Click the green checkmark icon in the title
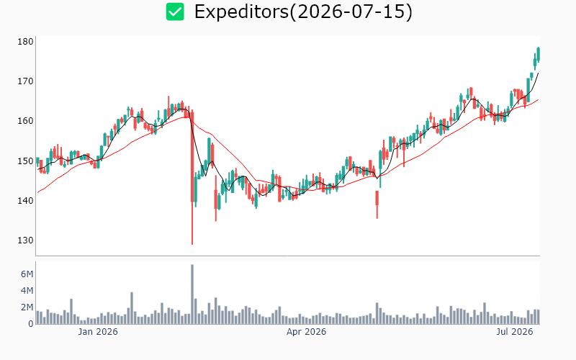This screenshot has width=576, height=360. click(x=175, y=12)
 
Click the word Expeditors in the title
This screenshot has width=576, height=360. click(x=242, y=12)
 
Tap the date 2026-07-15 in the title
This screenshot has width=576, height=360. click(x=351, y=12)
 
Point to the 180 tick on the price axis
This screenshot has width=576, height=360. click(x=25, y=42)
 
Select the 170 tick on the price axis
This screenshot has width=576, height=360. click(x=25, y=81)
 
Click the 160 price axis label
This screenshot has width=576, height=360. click(x=25, y=121)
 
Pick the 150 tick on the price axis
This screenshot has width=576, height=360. click(x=25, y=161)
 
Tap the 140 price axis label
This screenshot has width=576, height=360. click(x=25, y=201)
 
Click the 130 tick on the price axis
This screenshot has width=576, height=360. click(x=25, y=240)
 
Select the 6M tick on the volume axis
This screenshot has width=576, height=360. click(x=27, y=274)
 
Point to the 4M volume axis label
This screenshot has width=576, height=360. click(x=27, y=291)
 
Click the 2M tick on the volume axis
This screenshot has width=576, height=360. click(x=27, y=307)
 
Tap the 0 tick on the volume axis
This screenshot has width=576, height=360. click(x=31, y=323)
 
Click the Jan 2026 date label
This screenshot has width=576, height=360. click(x=98, y=332)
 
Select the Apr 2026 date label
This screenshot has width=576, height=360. click(x=307, y=332)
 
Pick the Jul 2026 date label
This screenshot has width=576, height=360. click(x=514, y=332)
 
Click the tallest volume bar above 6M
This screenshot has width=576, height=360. click(x=192, y=294)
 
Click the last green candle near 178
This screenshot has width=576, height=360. click(x=538, y=54)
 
